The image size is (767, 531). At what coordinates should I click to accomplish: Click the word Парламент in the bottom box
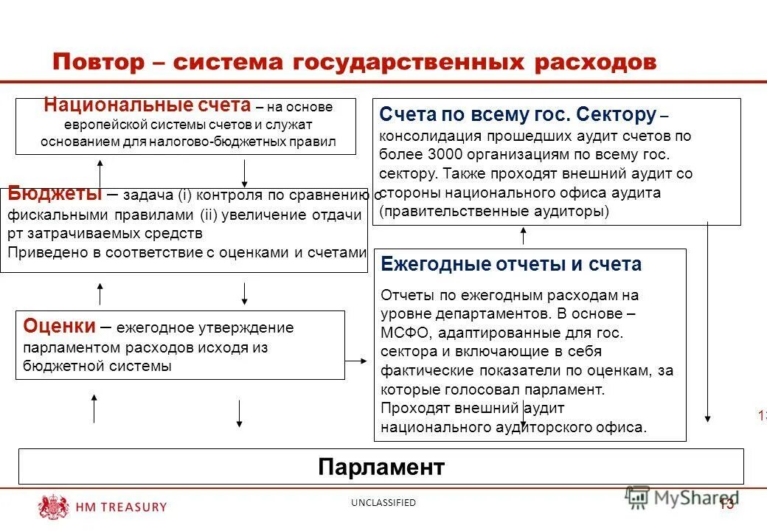click(381, 467)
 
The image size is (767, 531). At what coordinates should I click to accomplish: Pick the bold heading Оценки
click(59, 326)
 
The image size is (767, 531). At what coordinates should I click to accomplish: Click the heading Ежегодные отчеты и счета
click(511, 264)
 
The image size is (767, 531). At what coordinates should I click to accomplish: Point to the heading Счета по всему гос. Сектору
click(518, 115)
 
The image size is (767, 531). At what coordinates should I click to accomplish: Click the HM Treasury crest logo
click(54, 507)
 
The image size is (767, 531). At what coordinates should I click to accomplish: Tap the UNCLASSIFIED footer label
click(383, 503)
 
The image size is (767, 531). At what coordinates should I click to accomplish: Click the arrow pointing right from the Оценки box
click(357, 361)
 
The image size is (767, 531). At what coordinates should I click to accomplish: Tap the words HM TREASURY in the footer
click(122, 507)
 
